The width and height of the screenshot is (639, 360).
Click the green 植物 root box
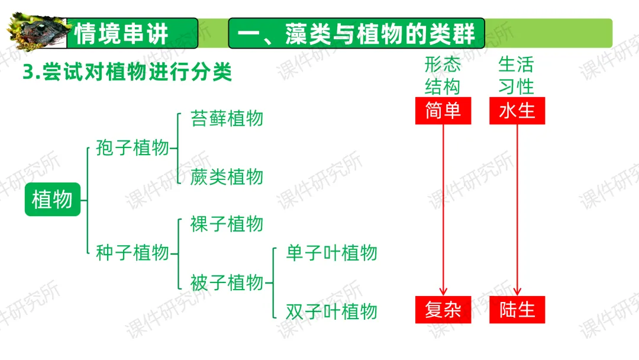[52, 200]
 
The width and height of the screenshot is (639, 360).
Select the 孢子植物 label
[133, 148]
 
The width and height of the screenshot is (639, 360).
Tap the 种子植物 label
[133, 253]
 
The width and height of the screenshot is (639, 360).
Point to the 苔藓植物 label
[227, 118]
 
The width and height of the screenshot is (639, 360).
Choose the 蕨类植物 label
[227, 176]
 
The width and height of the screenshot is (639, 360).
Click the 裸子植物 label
[227, 224]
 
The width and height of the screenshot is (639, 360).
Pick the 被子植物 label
[227, 282]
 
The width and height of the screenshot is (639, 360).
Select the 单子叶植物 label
[331, 253]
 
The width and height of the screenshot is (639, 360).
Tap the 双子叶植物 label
[331, 311]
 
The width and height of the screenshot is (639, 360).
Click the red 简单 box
[443, 111]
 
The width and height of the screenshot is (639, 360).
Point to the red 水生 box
[517, 111]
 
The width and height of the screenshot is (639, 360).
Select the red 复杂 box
[443, 310]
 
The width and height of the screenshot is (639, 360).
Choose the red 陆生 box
[517, 310]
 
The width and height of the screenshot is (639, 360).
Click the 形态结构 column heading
[443, 75]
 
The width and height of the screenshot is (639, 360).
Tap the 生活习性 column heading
[517, 75]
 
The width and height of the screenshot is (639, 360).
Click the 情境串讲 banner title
[122, 33]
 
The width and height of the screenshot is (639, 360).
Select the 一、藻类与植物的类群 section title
[356, 33]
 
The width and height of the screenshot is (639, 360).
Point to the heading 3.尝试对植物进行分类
[127, 73]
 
